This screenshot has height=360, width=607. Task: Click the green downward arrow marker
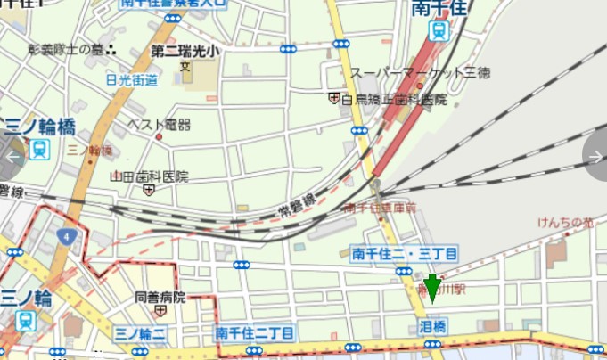(x=432, y=289)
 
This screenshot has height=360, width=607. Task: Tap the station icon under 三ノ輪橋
(x=38, y=149)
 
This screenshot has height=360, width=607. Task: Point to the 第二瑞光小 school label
(x=185, y=51)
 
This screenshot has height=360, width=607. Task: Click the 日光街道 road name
(x=131, y=79)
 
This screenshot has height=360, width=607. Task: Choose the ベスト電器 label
(x=160, y=124)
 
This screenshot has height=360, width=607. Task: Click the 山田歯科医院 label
(x=149, y=176)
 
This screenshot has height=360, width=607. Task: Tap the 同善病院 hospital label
(x=160, y=297)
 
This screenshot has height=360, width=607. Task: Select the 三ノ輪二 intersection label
(x=141, y=333)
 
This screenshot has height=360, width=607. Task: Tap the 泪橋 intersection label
(x=433, y=327)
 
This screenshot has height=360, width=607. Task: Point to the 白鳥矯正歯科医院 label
(x=393, y=99)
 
